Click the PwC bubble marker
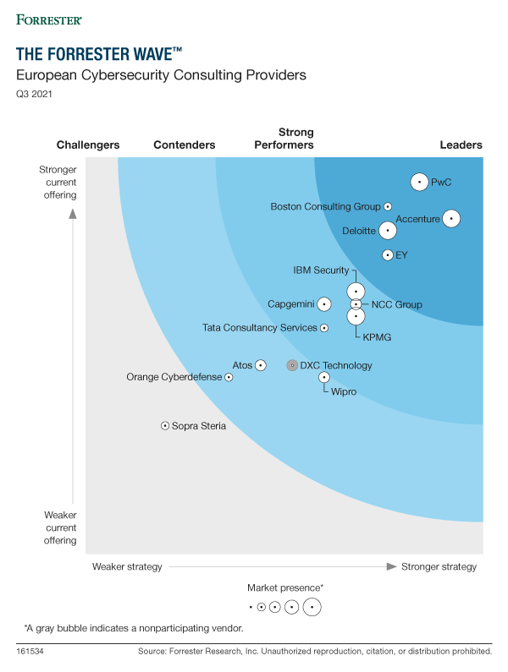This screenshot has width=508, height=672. pyautogui.click(x=419, y=182)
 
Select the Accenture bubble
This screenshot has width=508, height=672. pyautogui.click(x=450, y=219)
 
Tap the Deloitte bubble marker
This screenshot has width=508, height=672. pyautogui.click(x=387, y=230)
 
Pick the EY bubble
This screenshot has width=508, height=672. pyautogui.click(x=387, y=254)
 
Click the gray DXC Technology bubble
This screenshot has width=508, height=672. pyautogui.click(x=292, y=366)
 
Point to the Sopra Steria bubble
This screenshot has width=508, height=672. pyautogui.click(x=165, y=426)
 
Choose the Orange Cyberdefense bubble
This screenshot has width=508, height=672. pyautogui.click(x=229, y=378)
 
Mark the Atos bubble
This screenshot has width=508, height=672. pyautogui.click(x=261, y=365)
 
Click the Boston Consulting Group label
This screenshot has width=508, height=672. pyautogui.click(x=325, y=206)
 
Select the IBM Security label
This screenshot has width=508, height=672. pyautogui.click(x=321, y=270)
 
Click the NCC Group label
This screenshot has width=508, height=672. pyautogui.click(x=396, y=304)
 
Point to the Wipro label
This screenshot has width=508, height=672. pyautogui.click(x=344, y=392)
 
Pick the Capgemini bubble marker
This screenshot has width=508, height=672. pyautogui.click(x=323, y=304)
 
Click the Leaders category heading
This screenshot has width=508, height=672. pyautogui.click(x=461, y=145)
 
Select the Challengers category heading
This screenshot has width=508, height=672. pyautogui.click(x=88, y=145)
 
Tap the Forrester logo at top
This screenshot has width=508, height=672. pyautogui.click(x=49, y=18)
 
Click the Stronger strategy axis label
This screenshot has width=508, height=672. pyautogui.click(x=439, y=566)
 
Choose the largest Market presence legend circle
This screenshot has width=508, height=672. pyautogui.click(x=312, y=606)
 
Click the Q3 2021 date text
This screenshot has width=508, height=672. pyautogui.click(x=35, y=94)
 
